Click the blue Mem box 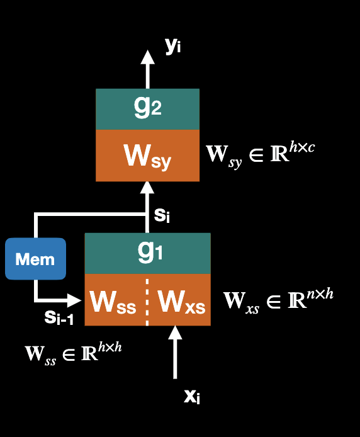tap(35, 258)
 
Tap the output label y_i tap(173, 46)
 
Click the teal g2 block tap(147, 109)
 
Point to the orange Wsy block tap(147, 156)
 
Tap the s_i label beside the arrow tap(161, 215)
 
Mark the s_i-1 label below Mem tap(59, 318)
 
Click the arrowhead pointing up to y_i tap(147, 57)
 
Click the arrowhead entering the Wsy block tap(147, 187)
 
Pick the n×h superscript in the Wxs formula tap(320, 293)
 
